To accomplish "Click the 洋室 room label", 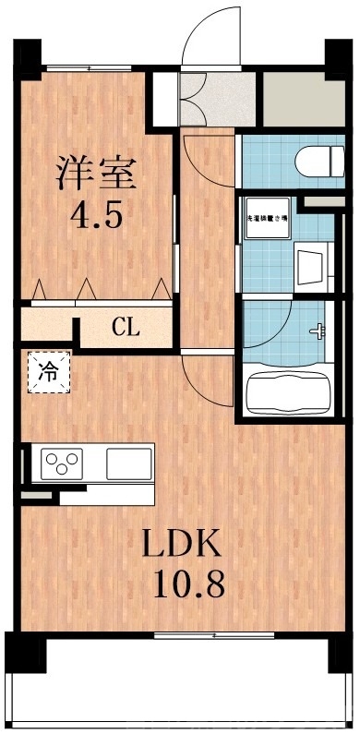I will (x=97, y=173).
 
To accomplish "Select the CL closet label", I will (x=126, y=326).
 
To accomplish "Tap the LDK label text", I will (x=181, y=545).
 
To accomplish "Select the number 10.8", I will (x=183, y=586).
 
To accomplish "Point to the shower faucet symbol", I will (x=321, y=330).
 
